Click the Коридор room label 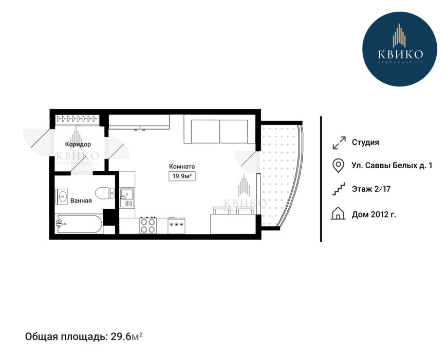click(x=78, y=144)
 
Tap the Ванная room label click(x=81, y=201)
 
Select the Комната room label click(x=182, y=166)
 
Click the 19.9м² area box click(x=182, y=176)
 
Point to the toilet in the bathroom click(x=104, y=193)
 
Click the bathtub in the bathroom click(x=79, y=224)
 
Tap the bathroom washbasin click(x=62, y=196)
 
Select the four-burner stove click(x=148, y=225)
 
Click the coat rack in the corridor click(x=78, y=118)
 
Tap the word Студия click(x=365, y=142)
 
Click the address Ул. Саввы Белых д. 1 click(x=392, y=165)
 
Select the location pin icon click(x=338, y=166)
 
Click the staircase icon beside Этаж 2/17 click(x=339, y=189)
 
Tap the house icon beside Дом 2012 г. click(x=338, y=213)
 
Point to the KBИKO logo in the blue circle click(x=399, y=49)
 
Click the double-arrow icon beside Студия click(x=339, y=142)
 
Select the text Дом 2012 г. click(x=374, y=214)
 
